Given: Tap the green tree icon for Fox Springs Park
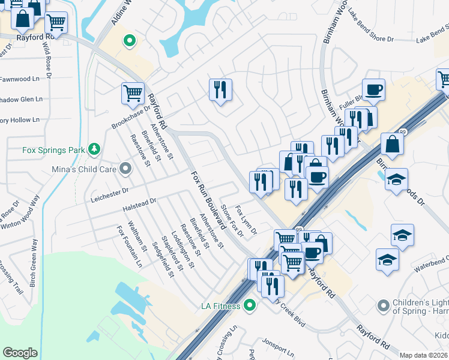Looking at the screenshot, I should (x=94, y=148).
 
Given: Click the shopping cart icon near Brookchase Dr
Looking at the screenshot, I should (x=133, y=93).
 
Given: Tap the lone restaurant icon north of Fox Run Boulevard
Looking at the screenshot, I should (x=220, y=90).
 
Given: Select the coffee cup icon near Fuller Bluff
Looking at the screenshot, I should (x=373, y=90).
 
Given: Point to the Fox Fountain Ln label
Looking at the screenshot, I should (x=130, y=247).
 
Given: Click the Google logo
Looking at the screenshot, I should (x=20, y=353).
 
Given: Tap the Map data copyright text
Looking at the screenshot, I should (x=424, y=355).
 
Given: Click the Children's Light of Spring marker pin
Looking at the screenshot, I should (x=383, y=306).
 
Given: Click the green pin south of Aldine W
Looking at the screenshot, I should (x=128, y=41).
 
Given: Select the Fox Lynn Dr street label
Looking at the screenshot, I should (x=246, y=220).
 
